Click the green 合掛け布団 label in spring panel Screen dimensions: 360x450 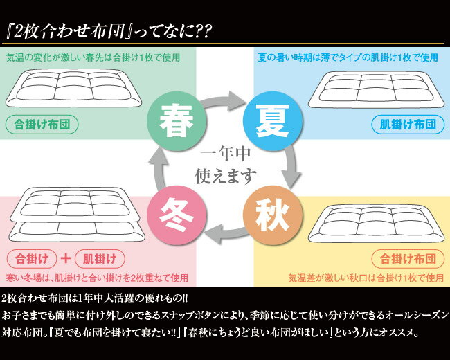click(41, 125)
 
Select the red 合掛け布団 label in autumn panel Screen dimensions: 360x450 click(408, 260)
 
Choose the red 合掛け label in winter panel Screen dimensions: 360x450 click(32, 260)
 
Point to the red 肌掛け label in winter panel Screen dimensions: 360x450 click(100, 260)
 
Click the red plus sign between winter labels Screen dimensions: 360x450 click(66, 260)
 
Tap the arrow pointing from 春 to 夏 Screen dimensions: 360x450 click(224, 102)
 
